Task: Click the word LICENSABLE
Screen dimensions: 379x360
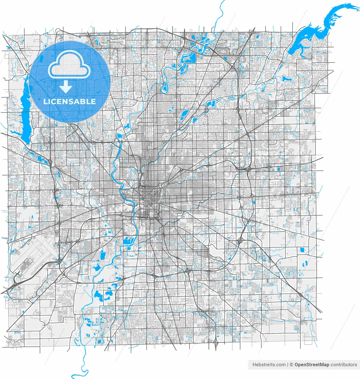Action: coord(70,102)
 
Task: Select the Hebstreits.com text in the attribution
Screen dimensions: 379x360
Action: coord(269,365)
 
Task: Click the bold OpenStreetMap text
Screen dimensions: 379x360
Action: coord(312,365)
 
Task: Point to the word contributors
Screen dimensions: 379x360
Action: coord(344,365)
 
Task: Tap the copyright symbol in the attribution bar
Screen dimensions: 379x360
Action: coord(292,365)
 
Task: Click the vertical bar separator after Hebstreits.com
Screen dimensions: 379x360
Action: coord(288,365)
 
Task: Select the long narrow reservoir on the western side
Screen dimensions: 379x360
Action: coord(25,113)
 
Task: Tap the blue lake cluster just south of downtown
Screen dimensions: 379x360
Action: coord(128,241)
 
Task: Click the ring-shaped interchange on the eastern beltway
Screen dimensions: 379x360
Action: coord(239,197)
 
